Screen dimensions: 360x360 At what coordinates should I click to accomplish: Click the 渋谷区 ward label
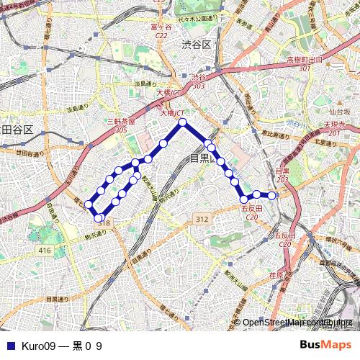coord(196,45)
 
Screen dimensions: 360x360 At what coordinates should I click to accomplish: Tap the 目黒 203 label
coord(282,174)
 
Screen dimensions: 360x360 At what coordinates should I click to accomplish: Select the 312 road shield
coord(202,219)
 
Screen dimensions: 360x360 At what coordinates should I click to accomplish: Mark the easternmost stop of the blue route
coord(272,195)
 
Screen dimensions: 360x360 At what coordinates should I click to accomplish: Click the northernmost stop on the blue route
coord(183,123)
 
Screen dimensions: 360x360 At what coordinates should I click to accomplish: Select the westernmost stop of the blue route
coord(89,204)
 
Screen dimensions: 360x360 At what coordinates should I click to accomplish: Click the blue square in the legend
coord(9,346)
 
